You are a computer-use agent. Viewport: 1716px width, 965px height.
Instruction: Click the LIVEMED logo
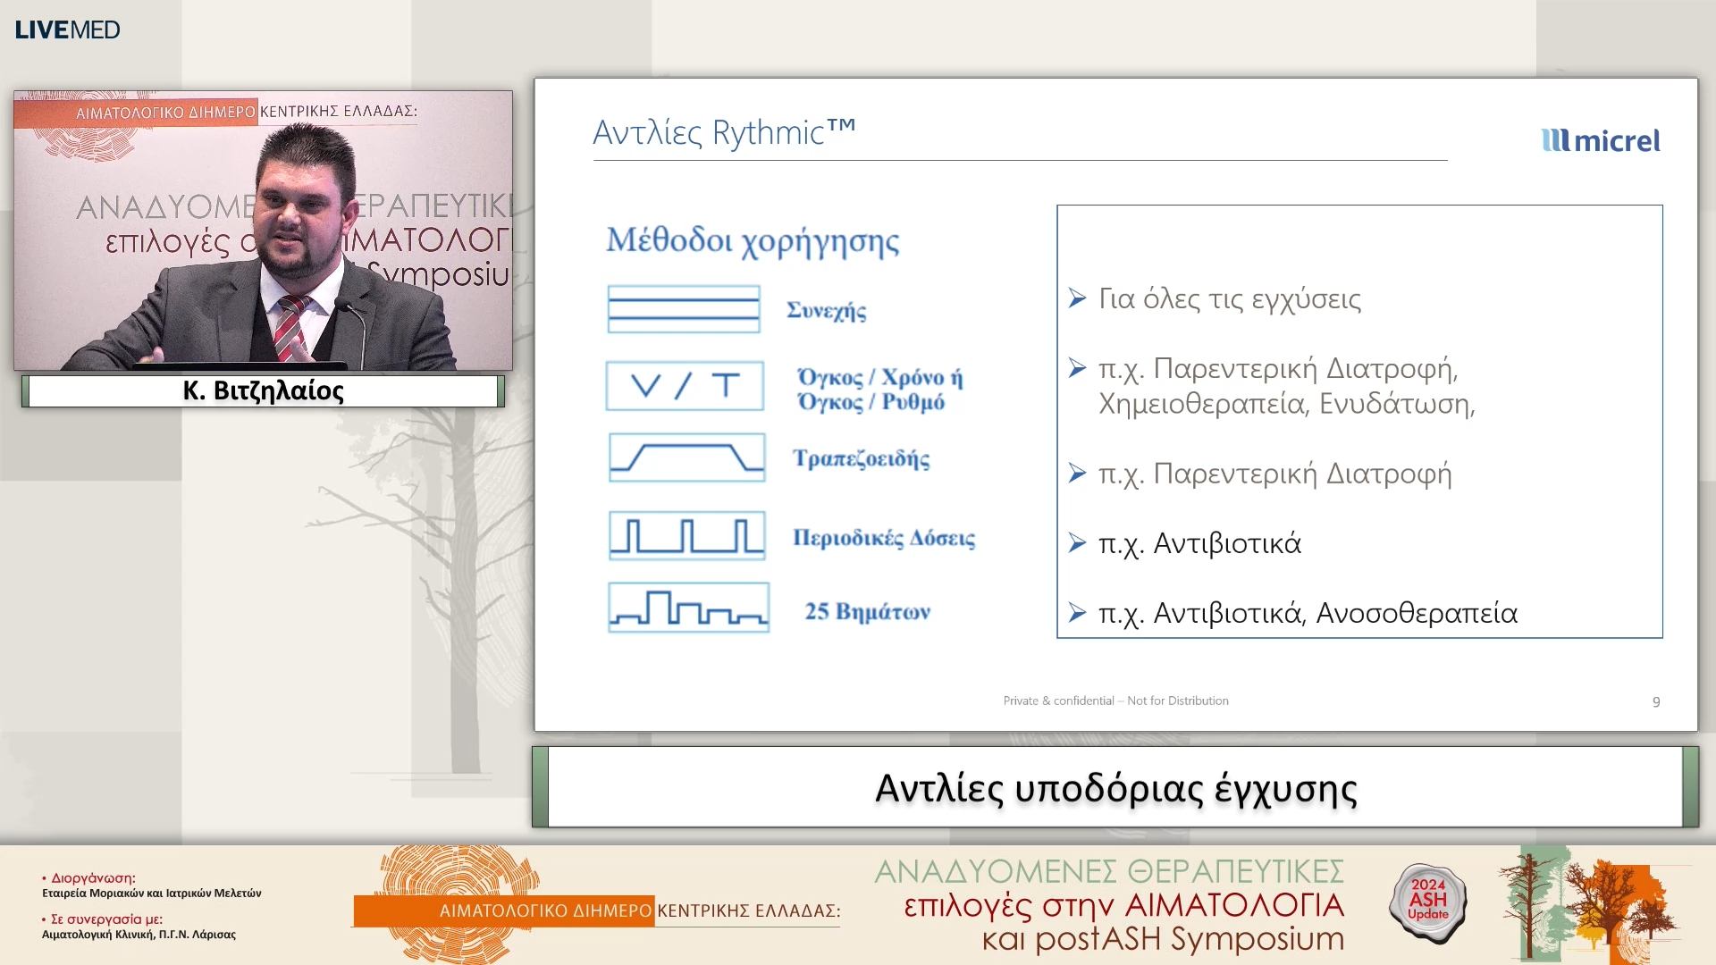(x=67, y=29)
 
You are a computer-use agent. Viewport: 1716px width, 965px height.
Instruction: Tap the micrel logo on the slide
(x=1601, y=140)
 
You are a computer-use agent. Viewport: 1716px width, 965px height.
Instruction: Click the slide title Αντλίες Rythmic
(x=724, y=132)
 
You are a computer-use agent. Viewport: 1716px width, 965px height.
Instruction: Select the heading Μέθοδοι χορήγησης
(x=753, y=240)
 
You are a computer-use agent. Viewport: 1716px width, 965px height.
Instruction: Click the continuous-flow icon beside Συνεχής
(x=684, y=309)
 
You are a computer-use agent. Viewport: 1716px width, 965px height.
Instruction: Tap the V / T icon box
(x=685, y=386)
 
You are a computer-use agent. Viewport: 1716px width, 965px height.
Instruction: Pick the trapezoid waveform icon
(x=686, y=457)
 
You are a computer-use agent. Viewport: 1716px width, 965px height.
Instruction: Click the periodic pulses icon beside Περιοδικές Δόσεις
(x=686, y=536)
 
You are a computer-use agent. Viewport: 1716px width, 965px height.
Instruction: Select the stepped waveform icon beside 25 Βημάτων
(x=688, y=608)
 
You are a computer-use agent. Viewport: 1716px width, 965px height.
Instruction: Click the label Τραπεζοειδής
(x=861, y=458)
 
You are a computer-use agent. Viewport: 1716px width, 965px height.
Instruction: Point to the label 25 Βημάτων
(x=867, y=611)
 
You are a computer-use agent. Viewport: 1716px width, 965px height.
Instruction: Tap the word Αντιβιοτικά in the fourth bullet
(x=1226, y=543)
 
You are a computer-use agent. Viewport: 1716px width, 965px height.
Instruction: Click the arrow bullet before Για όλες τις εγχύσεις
(x=1077, y=298)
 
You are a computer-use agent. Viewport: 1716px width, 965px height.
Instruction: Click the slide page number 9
(x=1655, y=701)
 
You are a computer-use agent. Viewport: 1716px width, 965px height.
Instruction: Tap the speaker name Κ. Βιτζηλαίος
(x=263, y=390)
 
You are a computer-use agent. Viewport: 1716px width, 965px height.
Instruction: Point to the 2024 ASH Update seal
(x=1427, y=901)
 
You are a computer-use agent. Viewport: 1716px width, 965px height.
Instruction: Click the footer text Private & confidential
(x=1058, y=701)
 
